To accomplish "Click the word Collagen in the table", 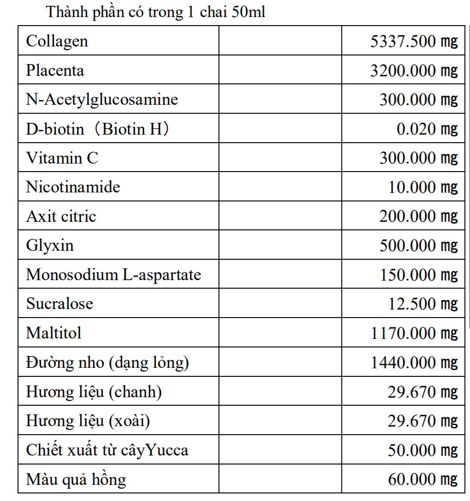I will tap(57, 41).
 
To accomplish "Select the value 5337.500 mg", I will tap(414, 41).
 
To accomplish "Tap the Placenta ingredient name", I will tap(55, 71).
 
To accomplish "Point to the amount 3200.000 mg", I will tap(414, 71).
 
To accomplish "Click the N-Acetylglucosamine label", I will tap(102, 100).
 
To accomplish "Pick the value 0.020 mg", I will tap(427, 129).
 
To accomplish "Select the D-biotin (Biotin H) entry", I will tap(97, 129).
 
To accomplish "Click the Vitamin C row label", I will tap(62, 158).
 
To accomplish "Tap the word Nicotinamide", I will tap(73, 187).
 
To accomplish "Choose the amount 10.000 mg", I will tap(423, 187).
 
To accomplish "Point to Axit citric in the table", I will tap(61, 217).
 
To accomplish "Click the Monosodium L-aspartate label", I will tap(114, 275).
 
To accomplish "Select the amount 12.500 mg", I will tap(423, 304).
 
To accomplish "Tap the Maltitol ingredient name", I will tap(54, 333).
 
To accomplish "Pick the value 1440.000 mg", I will tap(414, 363).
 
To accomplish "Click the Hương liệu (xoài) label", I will tap(88, 421).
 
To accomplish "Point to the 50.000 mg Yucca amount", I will tap(423, 450).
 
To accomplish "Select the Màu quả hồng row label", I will tap(76, 479).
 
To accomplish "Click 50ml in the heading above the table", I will tap(249, 12).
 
